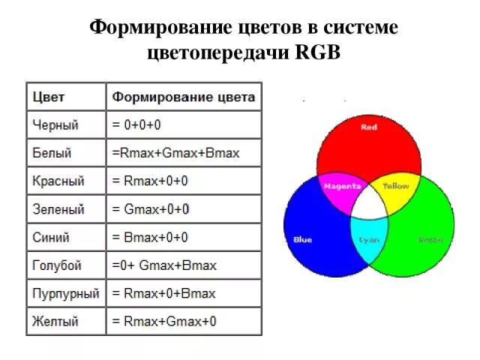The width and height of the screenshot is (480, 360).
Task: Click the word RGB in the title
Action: pyautogui.click(x=319, y=53)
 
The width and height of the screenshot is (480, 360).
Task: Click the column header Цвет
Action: pyautogui.click(x=49, y=97)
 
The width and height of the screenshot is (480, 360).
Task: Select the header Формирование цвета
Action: pyautogui.click(x=184, y=97)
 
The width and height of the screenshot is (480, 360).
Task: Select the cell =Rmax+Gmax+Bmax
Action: pyautogui.click(x=175, y=152)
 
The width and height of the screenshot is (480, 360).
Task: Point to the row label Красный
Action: pyautogui.click(x=58, y=181)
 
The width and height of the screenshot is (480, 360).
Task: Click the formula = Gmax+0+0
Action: pyautogui.click(x=150, y=209)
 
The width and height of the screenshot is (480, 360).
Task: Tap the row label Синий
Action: pyautogui.click(x=51, y=238)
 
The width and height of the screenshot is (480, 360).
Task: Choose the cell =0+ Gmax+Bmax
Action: pyautogui.click(x=163, y=265)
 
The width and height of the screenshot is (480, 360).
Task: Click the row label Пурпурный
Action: pyautogui.click(x=65, y=293)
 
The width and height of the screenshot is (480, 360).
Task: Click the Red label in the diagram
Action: pyautogui.click(x=368, y=127)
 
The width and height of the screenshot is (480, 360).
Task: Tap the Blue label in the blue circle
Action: pyautogui.click(x=302, y=240)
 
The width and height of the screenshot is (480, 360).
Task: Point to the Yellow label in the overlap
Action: pyautogui.click(x=395, y=185)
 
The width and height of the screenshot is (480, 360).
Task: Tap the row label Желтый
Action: pyautogui.click(x=55, y=322)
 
